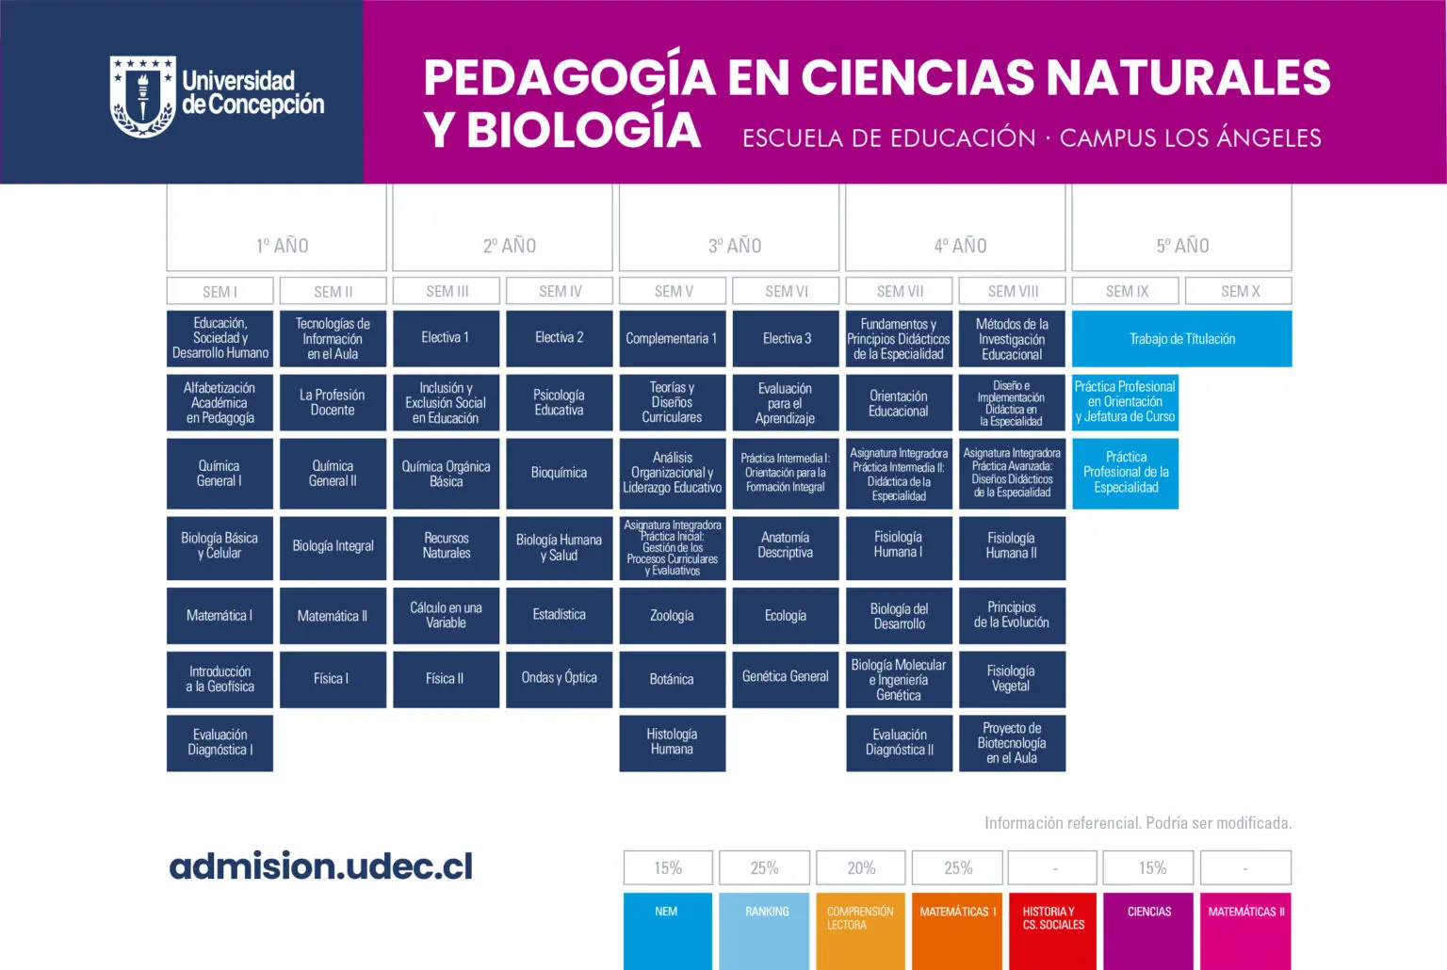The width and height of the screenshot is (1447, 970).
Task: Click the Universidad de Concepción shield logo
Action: click(142, 96)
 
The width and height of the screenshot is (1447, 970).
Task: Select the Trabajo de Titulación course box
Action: click(1181, 339)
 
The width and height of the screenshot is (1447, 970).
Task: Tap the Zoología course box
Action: click(672, 616)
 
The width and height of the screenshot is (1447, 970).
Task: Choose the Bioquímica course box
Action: click(559, 473)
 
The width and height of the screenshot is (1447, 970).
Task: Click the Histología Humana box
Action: click(672, 742)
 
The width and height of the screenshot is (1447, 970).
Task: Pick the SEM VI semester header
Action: click(786, 291)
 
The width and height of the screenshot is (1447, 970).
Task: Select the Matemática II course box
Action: click(333, 616)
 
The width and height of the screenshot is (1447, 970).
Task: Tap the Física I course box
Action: click(333, 679)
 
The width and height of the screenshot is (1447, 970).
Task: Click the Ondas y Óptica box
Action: click(559, 678)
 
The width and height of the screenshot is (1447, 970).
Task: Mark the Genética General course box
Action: click(786, 678)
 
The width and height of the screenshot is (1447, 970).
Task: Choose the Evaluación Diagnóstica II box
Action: click(899, 742)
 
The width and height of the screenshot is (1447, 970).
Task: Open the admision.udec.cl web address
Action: click(321, 866)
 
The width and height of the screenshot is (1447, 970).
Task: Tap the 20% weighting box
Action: click(860, 868)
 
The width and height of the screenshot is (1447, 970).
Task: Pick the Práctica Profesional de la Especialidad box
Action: click(1125, 473)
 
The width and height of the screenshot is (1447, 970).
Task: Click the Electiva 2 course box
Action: click(559, 338)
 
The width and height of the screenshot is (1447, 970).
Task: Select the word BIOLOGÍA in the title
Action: click(584, 131)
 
